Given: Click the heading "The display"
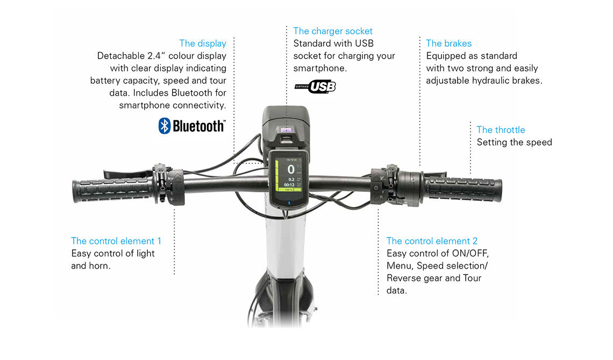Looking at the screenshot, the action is tap(203, 44).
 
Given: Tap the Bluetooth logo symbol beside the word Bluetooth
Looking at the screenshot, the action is tap(165, 126).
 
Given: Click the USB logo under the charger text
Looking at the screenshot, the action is tap(315, 87).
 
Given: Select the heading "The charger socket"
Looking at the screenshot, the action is tap(333, 31).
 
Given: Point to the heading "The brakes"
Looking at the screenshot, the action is tap(449, 44).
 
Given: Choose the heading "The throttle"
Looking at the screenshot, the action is tap(501, 129).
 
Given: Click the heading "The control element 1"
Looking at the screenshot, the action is tap(116, 241).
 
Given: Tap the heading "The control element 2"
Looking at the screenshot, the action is tap(432, 241).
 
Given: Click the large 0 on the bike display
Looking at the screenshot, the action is tap(291, 169).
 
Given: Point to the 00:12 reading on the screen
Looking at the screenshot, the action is tap(289, 185).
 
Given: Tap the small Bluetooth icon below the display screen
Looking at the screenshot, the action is tap(289, 203).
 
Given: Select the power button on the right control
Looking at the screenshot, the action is tap(376, 188).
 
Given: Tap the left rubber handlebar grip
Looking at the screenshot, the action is tap(112, 190).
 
